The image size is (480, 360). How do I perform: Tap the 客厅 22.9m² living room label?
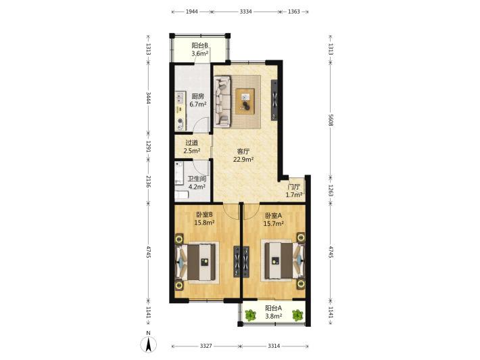coord(243,156)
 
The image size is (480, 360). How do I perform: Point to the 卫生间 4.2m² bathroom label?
coord(197,183)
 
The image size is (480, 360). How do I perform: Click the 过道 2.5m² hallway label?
coord(192,147)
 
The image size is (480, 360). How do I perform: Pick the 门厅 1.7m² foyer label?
coord(294,191)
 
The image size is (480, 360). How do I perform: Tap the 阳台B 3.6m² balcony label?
coord(200,49)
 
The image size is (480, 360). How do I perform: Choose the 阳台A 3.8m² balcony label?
coord(273,312)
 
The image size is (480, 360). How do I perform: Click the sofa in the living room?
coord(222,102)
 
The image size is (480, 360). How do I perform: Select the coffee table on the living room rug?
coord(245,102)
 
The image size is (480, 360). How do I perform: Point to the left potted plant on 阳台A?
coord(250,315)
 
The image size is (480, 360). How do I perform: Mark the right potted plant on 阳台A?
coord(297,315)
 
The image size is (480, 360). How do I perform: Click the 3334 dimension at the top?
coord(246,12)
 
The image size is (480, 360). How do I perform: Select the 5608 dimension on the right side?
coord(331,120)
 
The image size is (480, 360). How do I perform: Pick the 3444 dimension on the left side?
coord(149,97)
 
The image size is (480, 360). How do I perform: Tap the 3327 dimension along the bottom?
coord(206,346)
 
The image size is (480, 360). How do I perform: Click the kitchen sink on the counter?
coord(180,98)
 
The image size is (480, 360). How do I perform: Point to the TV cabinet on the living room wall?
coord(274,99)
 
